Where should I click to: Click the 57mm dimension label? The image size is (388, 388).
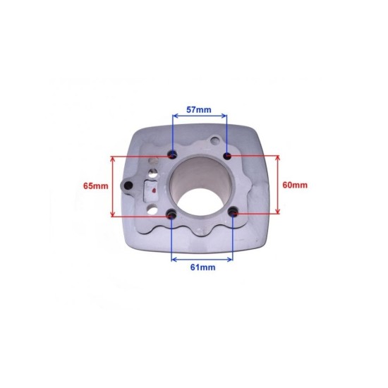point(199,109)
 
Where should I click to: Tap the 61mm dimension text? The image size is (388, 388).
point(202,267)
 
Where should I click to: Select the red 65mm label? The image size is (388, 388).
point(95,186)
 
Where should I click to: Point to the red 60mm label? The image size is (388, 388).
point(295,185)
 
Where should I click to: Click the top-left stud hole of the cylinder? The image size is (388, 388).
point(172,155)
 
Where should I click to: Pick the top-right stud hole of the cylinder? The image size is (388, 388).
point(227,156)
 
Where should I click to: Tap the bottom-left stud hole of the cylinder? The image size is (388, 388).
point(171,214)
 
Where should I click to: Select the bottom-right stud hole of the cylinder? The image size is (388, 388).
point(233,212)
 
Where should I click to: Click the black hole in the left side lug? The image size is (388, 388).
point(128,185)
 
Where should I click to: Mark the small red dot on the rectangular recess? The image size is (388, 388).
point(154,190)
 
